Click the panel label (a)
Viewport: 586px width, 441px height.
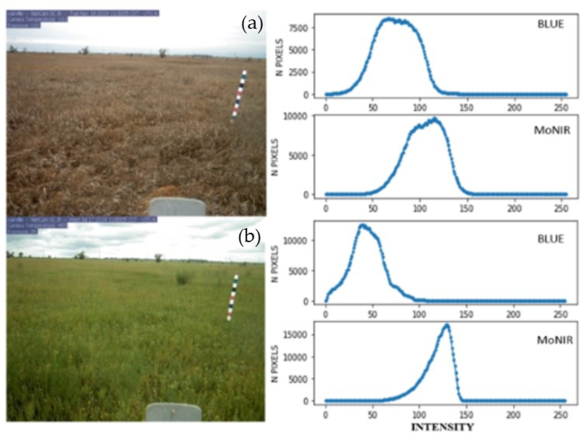point(252,25)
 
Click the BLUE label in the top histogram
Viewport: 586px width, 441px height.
point(550,25)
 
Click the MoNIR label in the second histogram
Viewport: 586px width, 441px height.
point(552,131)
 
